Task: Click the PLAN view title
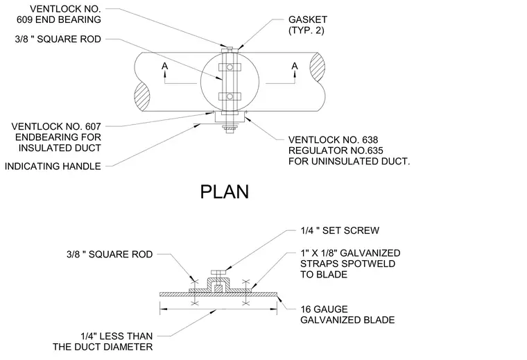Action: pos(225,192)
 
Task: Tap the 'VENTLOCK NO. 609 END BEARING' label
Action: pos(59,15)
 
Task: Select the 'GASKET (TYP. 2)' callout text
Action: pos(307,25)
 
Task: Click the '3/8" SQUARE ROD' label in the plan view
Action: pos(58,40)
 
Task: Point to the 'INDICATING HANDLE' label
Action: pos(53,166)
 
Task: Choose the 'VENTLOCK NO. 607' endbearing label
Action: pos(56,137)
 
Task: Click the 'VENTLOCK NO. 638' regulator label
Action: pos(349,151)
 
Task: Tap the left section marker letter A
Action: pos(165,66)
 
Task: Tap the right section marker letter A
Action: pos(295,66)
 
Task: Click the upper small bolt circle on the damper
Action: pos(230,67)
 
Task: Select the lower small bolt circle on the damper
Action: pos(230,97)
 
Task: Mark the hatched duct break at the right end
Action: pos(317,67)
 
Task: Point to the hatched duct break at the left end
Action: pos(143,96)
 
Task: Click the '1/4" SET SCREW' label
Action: pos(340,230)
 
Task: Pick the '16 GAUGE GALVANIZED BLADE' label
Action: pos(347,315)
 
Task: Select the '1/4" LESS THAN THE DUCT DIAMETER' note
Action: pos(103,341)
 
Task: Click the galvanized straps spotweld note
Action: pos(350,264)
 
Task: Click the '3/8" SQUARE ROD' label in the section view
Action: pos(110,255)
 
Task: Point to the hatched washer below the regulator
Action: pos(230,128)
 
